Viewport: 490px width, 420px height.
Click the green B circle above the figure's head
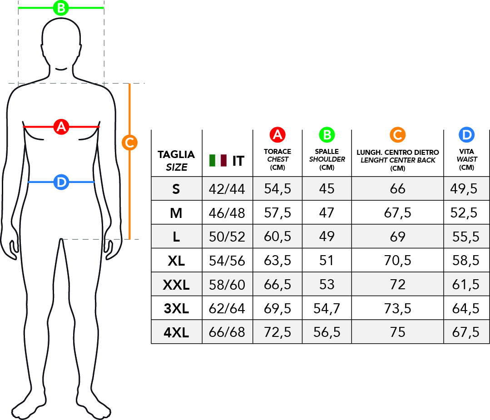61,8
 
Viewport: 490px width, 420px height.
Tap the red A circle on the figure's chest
61,127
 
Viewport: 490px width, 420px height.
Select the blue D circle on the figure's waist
61,182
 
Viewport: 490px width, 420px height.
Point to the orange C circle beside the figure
129,143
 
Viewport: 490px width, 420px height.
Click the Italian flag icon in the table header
218,160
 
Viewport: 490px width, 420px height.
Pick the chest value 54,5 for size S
277,189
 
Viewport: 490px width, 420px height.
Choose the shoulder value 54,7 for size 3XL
327,309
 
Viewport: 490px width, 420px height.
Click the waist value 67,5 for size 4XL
465,332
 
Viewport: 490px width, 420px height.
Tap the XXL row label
176,285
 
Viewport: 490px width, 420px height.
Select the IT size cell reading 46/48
227,213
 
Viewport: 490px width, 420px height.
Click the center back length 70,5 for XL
397,261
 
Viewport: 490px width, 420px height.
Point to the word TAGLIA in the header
176,154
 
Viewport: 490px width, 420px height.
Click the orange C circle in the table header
397,135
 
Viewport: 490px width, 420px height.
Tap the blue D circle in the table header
466,135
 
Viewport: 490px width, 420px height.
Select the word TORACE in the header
277,152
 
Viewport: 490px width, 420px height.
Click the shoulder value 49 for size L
327,237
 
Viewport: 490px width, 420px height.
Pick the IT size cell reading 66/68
227,332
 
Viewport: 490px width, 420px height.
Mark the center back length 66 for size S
397,189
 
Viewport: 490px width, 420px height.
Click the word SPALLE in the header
327,152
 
